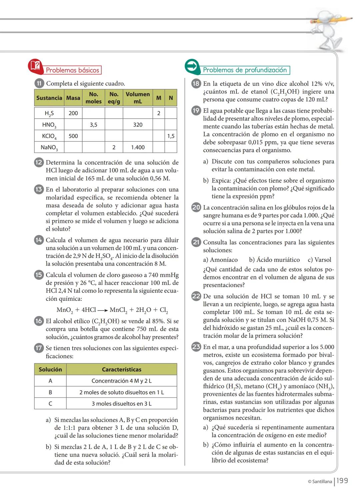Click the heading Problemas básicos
click(x=72, y=70)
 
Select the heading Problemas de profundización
click(x=245, y=70)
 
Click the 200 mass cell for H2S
click(x=73, y=113)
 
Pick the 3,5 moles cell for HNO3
click(x=93, y=125)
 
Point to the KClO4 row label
click(x=49, y=136)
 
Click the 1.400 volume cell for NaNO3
click(x=138, y=147)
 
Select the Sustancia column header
click(x=49, y=98)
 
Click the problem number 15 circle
click(x=39, y=275)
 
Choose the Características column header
click(x=121, y=369)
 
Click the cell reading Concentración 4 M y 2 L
click(x=121, y=381)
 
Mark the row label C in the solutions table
click(x=50, y=404)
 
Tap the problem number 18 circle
click(x=196, y=84)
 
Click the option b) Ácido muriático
click(x=274, y=260)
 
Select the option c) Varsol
click(x=319, y=260)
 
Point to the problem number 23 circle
click(x=196, y=347)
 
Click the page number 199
click(x=342, y=481)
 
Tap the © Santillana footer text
click(x=320, y=481)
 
